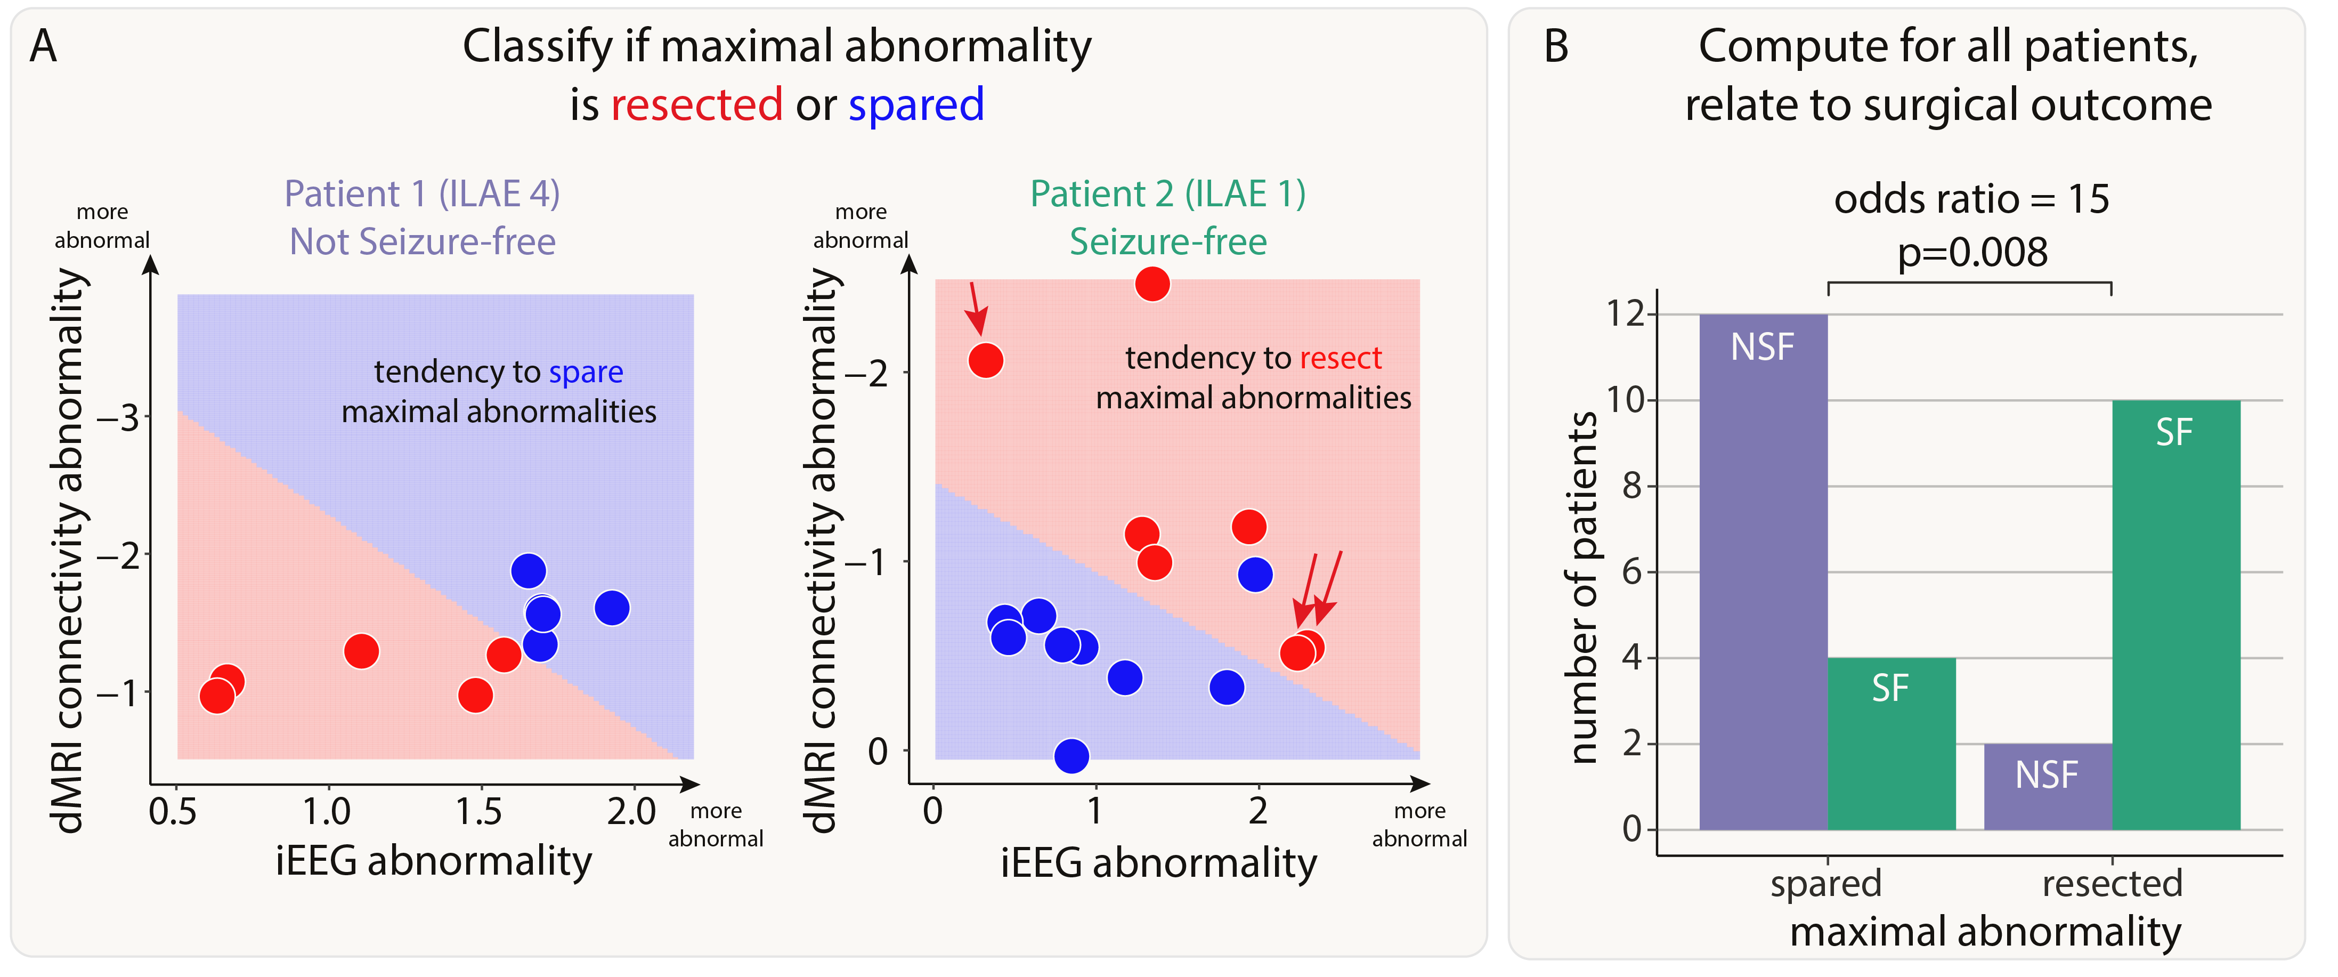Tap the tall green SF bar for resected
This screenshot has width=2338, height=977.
2175,615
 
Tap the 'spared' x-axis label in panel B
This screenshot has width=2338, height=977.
1825,883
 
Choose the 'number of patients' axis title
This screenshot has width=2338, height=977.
1583,586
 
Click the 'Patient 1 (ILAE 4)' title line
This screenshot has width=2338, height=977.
422,193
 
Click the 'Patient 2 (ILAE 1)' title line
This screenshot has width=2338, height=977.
1167,193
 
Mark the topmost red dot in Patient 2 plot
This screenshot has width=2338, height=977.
1152,284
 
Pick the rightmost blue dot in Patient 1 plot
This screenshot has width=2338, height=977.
612,608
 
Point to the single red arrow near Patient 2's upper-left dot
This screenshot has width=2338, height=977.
976,309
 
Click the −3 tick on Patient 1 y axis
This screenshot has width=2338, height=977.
118,418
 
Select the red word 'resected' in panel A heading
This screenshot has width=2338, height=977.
696,104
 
